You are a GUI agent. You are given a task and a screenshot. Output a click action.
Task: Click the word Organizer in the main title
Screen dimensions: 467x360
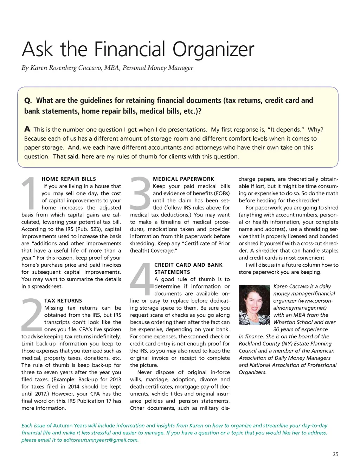click(213, 50)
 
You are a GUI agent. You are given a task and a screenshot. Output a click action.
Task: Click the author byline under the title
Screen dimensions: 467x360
click(107, 68)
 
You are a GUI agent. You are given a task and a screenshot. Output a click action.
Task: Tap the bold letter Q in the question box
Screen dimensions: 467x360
click(28, 101)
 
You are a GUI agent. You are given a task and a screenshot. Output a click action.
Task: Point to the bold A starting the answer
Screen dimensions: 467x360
click(27, 129)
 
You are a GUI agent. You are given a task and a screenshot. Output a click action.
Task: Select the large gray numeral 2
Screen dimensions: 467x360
click(32, 315)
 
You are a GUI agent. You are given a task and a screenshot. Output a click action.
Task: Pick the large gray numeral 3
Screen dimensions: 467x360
click(140, 193)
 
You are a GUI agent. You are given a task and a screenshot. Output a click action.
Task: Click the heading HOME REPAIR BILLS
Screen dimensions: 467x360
click(69, 179)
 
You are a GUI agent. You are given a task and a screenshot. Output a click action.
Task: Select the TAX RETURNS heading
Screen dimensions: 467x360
click(63, 301)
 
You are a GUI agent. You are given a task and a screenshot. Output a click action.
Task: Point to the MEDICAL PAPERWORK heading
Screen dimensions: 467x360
click(184, 179)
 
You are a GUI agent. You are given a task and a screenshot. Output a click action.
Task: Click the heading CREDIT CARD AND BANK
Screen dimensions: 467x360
click(188, 265)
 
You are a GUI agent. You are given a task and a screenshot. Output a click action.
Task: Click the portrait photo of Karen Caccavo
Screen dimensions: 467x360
click(254, 305)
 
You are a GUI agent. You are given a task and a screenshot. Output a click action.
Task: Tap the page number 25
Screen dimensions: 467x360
click(335, 454)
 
